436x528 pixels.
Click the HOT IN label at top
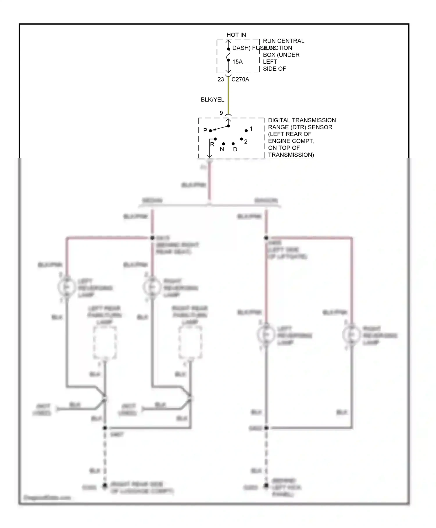236,35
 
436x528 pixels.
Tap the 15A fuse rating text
237,62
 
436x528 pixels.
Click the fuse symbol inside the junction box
228,55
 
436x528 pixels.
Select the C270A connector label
240,79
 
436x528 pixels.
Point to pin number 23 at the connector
221,79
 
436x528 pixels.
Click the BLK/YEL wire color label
212,100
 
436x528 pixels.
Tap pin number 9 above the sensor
221,113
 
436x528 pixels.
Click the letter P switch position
205,130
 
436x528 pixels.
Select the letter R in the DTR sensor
212,144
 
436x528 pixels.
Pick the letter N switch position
222,149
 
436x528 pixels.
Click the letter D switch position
235,149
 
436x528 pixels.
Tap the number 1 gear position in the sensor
251,129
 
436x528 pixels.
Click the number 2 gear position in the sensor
246,142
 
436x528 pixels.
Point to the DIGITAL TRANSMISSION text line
302,120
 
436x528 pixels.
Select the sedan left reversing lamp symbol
67,287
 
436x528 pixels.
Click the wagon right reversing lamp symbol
351,335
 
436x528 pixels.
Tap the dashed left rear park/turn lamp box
105,343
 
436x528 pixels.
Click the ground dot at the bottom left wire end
105,486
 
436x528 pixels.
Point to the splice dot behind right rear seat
152,238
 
